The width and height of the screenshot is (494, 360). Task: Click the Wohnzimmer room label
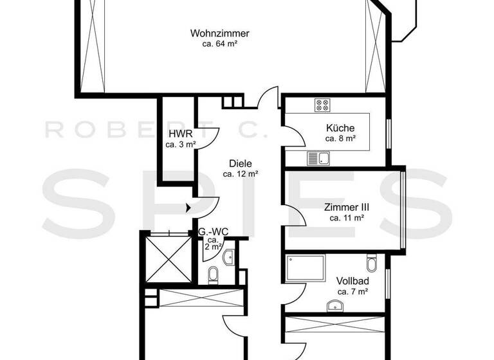point(219,33)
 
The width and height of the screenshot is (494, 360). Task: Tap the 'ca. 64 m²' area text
point(219,44)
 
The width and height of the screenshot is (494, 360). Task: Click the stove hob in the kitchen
point(322,105)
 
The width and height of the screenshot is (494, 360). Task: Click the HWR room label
point(178,134)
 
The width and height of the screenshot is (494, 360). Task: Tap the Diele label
point(240,163)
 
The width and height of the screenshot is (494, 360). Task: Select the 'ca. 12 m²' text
point(240,174)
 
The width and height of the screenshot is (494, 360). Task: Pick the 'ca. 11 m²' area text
point(346,218)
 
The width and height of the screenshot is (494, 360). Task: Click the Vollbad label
point(352,281)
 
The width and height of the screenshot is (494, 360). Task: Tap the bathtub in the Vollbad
point(306,267)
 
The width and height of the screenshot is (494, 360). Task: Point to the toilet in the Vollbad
point(372,264)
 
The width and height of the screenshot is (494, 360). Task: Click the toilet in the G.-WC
point(214,275)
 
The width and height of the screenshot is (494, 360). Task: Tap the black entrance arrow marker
point(188,208)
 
